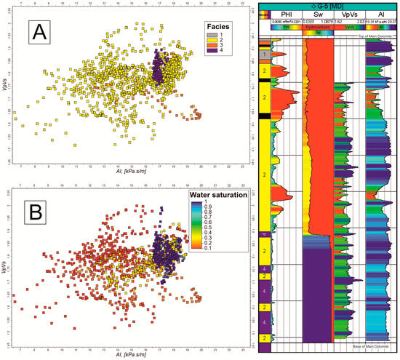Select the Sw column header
pyautogui.click(x=317, y=13)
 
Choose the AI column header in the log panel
pyautogui.click(x=381, y=13)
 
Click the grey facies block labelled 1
pyautogui.click(x=265, y=55)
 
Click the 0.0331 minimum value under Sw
pyautogui.click(x=308, y=21)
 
